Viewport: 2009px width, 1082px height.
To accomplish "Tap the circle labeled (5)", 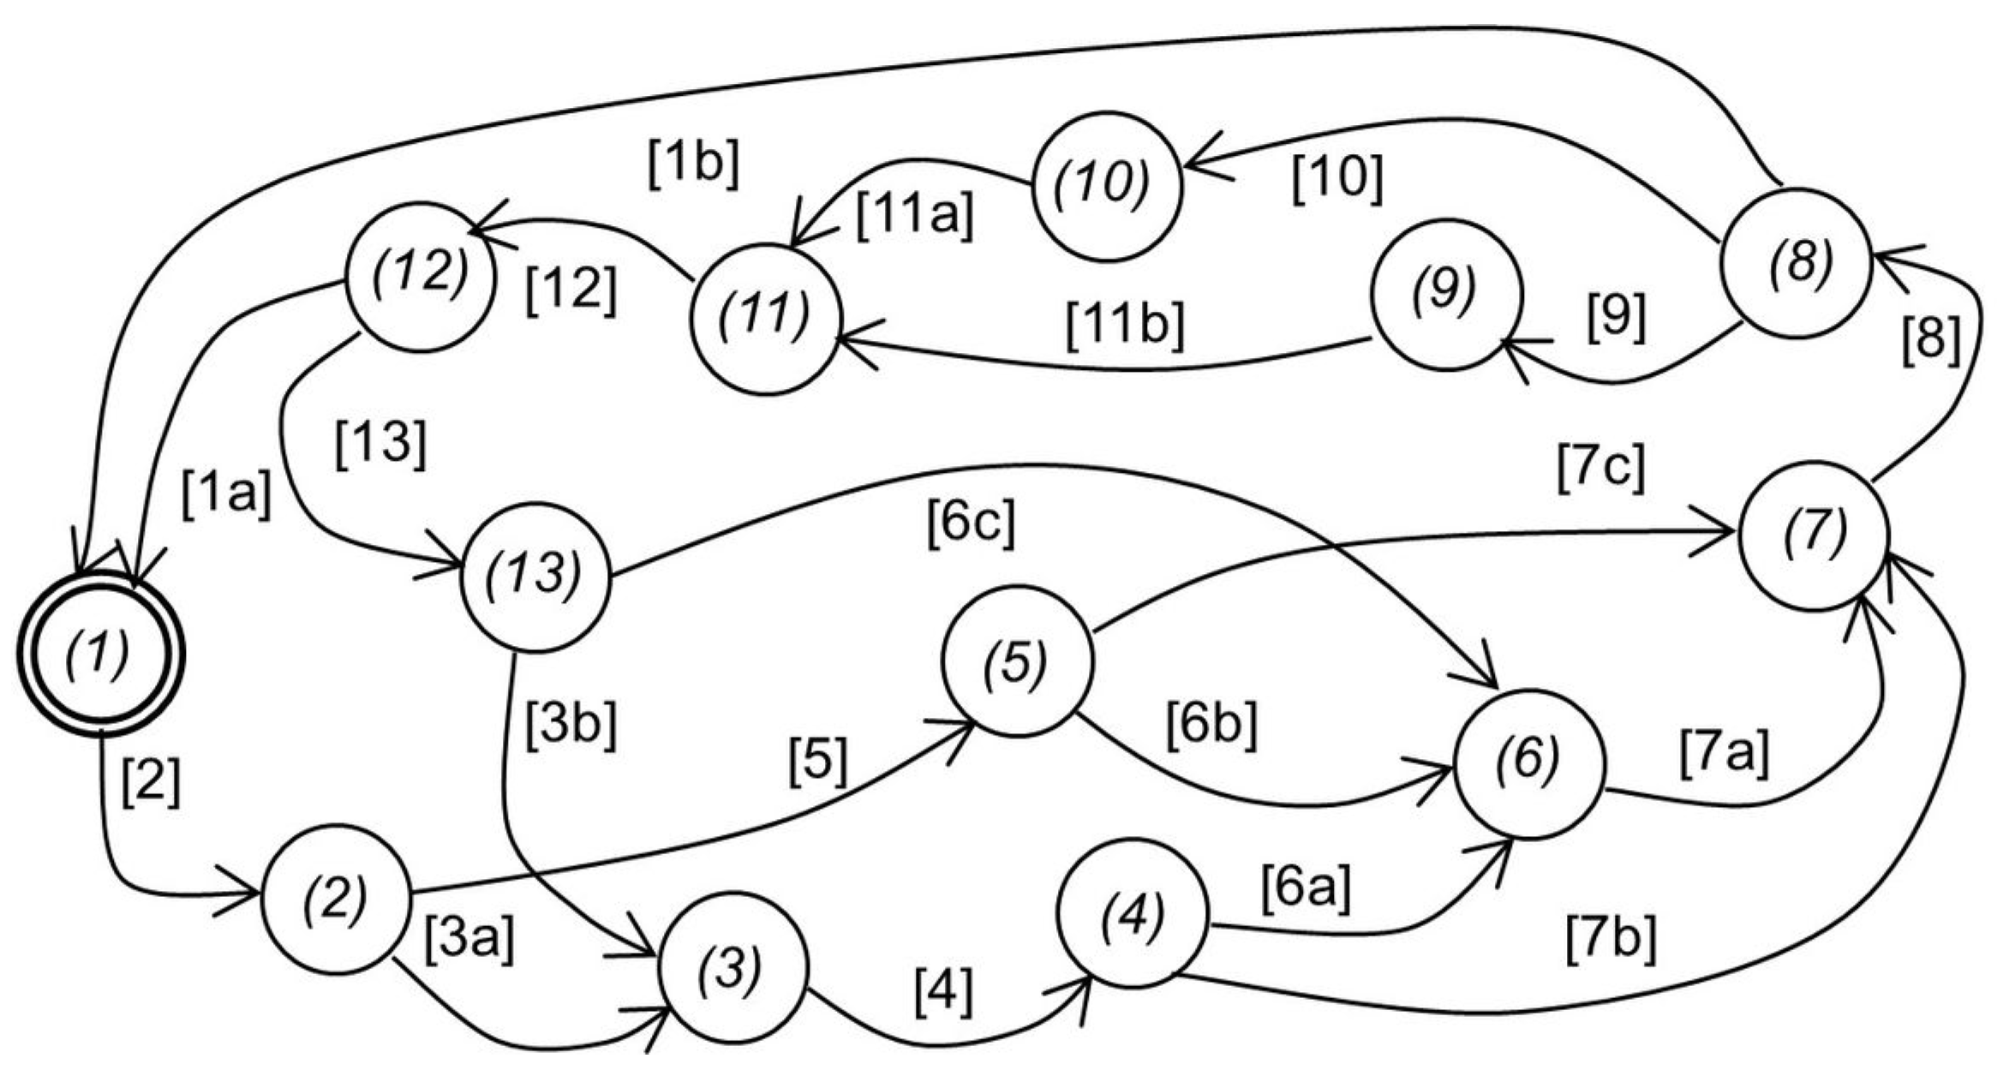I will (1017, 660).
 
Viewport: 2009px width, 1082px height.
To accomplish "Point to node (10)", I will (1107, 186).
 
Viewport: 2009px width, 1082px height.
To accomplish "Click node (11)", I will (765, 318).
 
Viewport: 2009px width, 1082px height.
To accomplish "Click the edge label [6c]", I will (971, 523).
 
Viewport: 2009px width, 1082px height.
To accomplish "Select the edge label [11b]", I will (1126, 326).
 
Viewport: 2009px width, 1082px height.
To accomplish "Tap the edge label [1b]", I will (692, 163).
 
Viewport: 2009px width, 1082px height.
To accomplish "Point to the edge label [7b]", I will (1611, 939).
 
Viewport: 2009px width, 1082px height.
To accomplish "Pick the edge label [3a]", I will (469, 940).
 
